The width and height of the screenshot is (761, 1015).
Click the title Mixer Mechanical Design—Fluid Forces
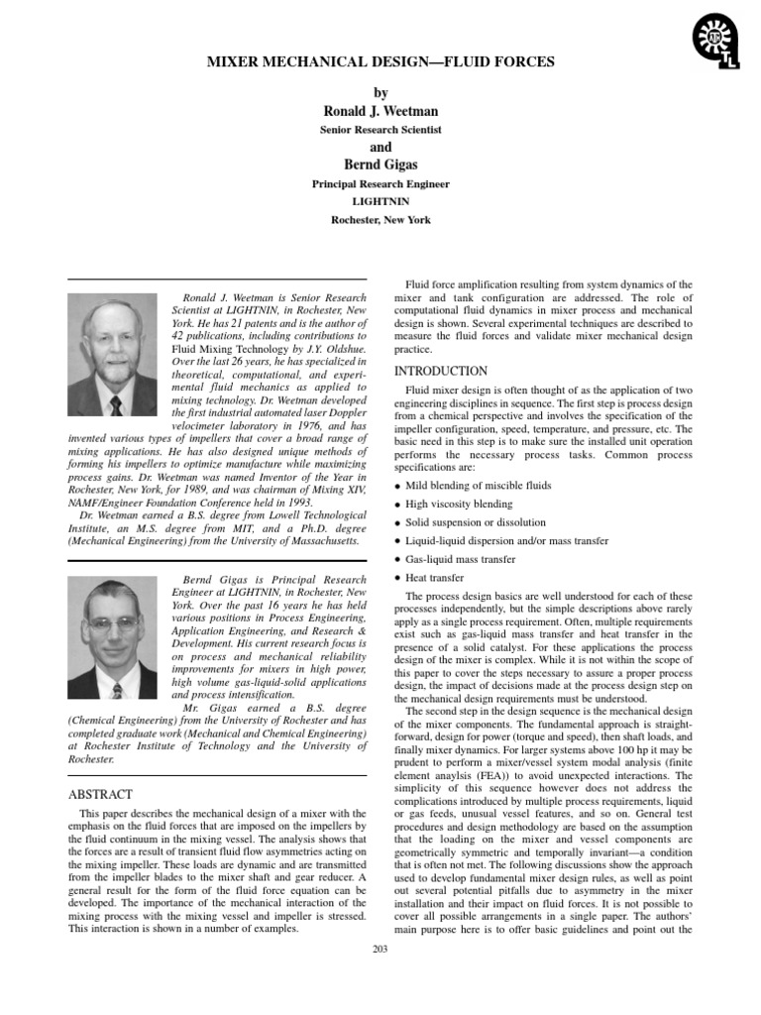coord(380,62)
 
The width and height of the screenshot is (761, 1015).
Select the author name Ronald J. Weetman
coord(380,110)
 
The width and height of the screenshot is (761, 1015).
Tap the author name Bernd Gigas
coord(380,164)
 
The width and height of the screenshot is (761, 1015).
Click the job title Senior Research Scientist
coord(380,130)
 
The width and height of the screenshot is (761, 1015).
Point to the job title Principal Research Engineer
coord(380,183)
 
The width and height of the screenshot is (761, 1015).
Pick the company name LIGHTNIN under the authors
coord(380,201)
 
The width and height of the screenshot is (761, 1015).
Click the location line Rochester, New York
coord(380,220)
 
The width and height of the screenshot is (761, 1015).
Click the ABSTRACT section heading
coord(99,794)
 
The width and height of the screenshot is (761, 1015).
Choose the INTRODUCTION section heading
coord(441,371)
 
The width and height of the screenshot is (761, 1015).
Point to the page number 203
coord(380,950)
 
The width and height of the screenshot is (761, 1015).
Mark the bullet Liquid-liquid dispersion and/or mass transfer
coord(506,541)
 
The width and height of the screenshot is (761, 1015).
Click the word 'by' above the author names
coord(380,91)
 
